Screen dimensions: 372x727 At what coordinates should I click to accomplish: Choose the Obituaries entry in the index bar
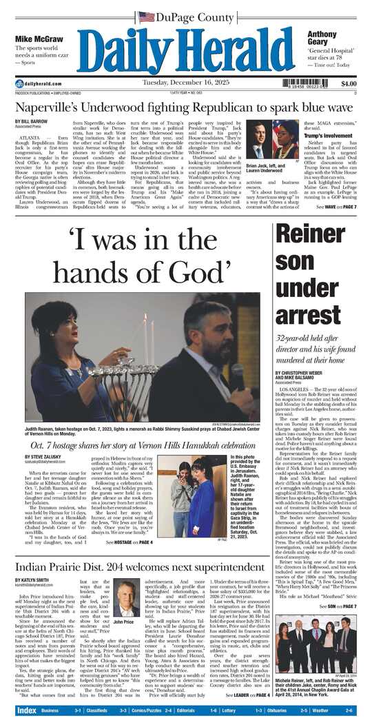(x=296, y=710)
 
